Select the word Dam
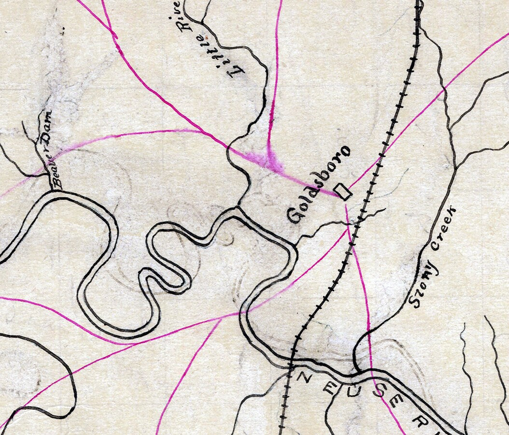[x=46, y=128]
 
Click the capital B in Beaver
[x=57, y=182]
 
